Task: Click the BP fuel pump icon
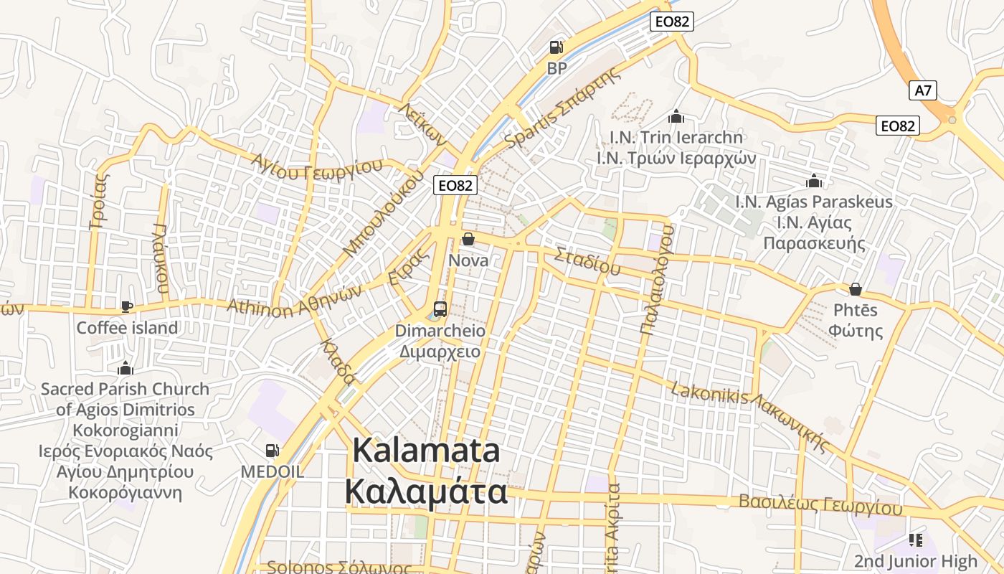(556, 48)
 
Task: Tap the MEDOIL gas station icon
(273, 451)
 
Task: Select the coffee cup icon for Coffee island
(127, 307)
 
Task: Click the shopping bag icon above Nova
(468, 239)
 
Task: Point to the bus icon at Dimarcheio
(440, 309)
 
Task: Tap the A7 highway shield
(924, 90)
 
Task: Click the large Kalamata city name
(427, 471)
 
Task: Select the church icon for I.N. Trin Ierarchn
(676, 116)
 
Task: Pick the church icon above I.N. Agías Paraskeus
(813, 181)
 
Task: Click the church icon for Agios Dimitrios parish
(126, 369)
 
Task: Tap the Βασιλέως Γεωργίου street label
(820, 504)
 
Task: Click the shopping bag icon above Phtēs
(855, 289)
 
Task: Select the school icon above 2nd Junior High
(915, 540)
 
